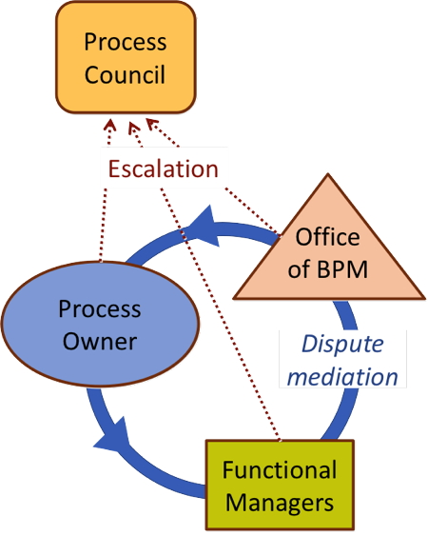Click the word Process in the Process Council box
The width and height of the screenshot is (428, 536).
point(126,43)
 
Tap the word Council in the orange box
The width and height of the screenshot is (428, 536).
point(125,74)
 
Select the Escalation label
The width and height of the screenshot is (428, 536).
point(164,169)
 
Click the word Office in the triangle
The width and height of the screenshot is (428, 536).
point(327,236)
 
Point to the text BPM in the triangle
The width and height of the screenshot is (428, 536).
point(342,269)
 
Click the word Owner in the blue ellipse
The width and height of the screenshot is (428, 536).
point(100,341)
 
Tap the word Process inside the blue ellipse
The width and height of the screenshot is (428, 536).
point(100,309)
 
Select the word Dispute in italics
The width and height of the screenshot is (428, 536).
point(342,345)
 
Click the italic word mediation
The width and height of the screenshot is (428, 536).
point(342,376)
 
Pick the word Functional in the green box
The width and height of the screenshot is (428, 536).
point(280,469)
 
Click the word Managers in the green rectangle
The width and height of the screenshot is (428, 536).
point(280,502)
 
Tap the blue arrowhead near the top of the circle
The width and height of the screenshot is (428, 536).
point(204,227)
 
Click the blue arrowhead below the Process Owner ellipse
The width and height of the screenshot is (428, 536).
point(113,437)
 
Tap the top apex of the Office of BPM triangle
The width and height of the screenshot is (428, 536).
point(328,174)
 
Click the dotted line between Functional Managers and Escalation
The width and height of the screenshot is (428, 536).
point(221,314)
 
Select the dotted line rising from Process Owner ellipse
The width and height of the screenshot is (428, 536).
point(103,225)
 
